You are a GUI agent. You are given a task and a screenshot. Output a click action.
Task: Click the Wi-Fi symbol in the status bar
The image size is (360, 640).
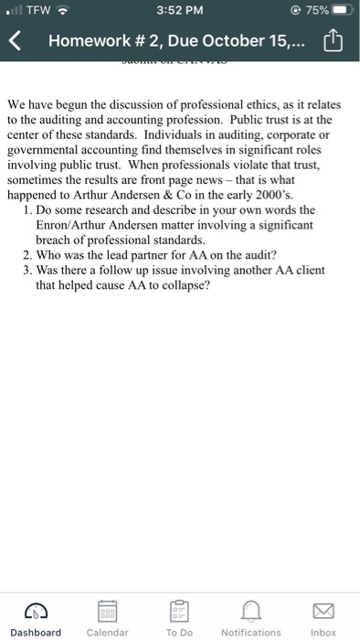coord(64,10)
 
